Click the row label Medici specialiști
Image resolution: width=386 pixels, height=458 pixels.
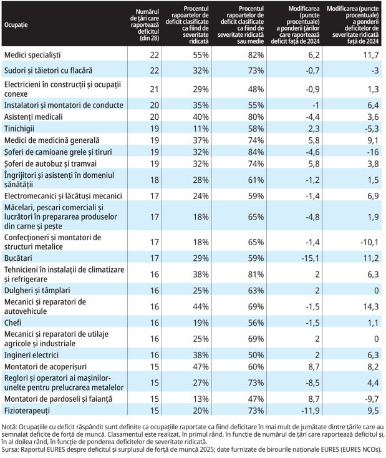[32, 55]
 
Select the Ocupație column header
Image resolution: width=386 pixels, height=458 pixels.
[16, 25]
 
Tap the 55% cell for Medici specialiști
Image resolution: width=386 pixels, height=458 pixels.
[201, 55]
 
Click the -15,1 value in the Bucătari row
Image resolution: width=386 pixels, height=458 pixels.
[310, 258]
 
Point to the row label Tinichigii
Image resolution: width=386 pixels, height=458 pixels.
[19, 129]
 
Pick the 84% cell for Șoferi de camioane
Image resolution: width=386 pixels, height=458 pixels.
[256, 152]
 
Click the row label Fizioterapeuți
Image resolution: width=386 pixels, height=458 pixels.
[27, 411]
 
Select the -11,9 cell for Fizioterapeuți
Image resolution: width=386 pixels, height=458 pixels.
[310, 411]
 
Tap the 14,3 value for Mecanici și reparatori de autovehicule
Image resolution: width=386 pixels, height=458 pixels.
[371, 306]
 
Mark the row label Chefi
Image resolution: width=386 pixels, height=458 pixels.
[12, 323]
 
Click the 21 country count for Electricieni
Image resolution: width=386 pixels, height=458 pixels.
[155, 89]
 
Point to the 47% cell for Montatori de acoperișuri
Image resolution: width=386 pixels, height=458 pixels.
[201, 366]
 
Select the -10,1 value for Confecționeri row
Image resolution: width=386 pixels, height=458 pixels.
[369, 242]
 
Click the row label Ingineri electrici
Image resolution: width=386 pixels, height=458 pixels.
[31, 355]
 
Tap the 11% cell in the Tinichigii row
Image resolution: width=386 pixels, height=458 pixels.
[201, 129]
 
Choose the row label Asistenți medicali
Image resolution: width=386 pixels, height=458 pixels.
[33, 117]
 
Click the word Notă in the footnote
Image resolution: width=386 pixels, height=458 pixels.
[7, 427]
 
